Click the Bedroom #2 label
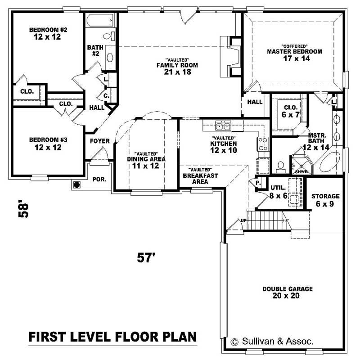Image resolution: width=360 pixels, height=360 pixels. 48,30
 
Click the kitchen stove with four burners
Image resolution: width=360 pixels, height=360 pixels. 263,144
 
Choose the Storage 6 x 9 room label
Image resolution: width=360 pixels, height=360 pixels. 325,199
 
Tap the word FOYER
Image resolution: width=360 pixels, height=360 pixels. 100,141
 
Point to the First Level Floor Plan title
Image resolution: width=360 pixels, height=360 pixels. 112,337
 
